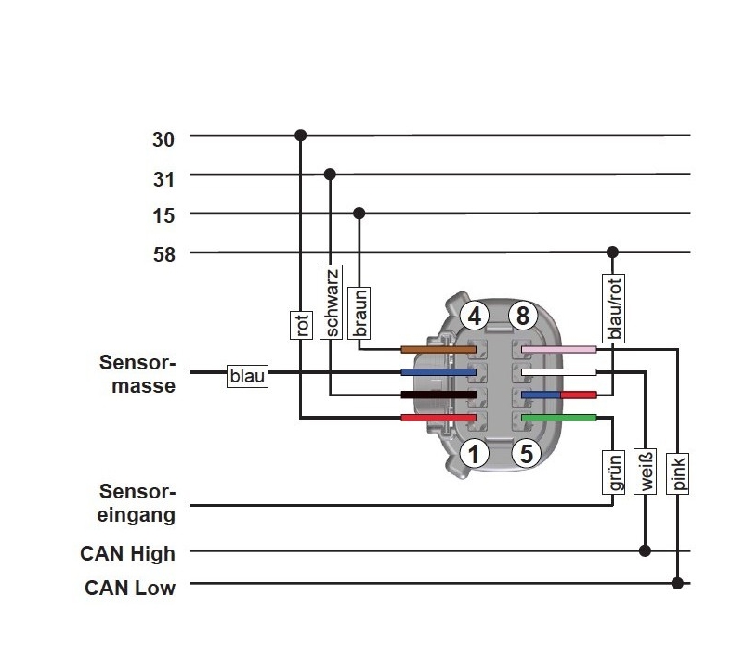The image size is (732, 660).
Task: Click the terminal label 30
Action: tap(163, 139)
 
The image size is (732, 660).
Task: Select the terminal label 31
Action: tap(163, 178)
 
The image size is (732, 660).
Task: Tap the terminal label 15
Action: tap(163, 217)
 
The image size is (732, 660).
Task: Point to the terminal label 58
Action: tap(163, 256)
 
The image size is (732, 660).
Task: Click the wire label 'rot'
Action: tap(300, 325)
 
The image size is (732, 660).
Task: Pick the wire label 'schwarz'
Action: tap(331, 301)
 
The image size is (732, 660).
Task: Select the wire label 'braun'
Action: tap(360, 313)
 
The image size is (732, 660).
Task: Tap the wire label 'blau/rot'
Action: tap(612, 306)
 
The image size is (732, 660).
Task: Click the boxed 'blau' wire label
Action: tap(247, 376)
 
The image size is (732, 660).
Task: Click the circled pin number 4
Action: tap(475, 317)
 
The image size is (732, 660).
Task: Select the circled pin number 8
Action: tap(522, 317)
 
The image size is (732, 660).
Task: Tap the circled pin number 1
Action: tap(475, 454)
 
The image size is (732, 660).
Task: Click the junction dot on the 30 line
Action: tap(300, 136)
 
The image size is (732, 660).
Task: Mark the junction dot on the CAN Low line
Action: tap(678, 583)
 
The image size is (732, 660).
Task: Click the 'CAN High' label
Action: tap(127, 554)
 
